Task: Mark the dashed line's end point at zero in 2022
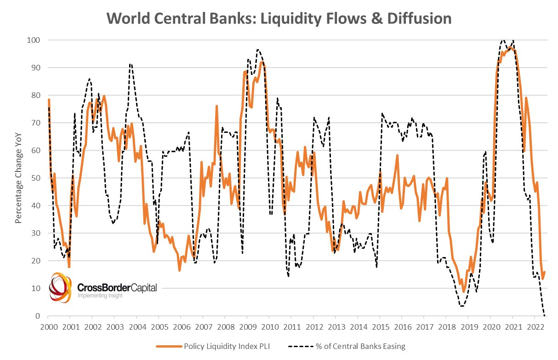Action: [545, 315]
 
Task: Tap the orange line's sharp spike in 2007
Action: [216, 106]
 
